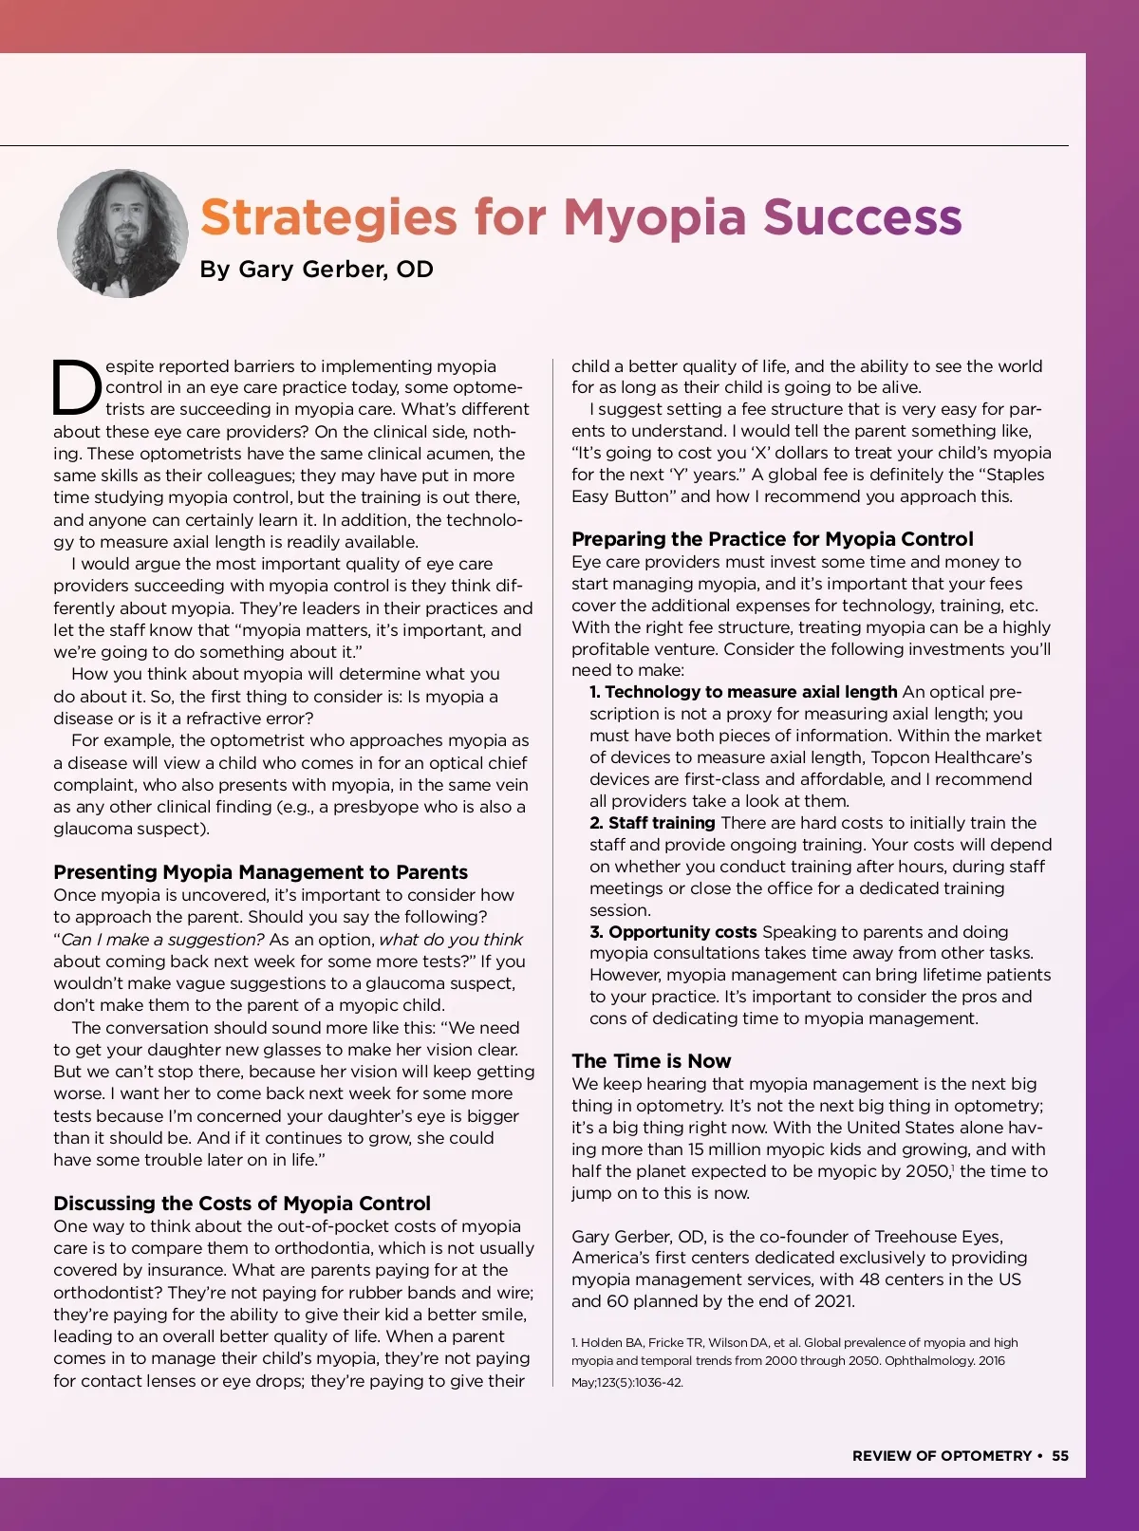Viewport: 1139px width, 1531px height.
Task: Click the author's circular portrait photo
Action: [122, 233]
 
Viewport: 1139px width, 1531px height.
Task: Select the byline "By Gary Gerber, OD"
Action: [316, 270]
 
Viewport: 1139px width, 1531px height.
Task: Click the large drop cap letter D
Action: [76, 387]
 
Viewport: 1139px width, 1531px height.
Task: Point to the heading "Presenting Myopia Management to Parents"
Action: [260, 872]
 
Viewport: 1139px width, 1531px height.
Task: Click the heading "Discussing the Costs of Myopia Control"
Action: [242, 1204]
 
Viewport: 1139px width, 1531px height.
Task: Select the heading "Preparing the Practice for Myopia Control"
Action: [772, 539]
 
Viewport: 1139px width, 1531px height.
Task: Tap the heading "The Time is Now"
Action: [651, 1061]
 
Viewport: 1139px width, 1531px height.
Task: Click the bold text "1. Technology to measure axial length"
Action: [743, 692]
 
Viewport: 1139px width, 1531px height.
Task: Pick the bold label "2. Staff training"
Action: [652, 823]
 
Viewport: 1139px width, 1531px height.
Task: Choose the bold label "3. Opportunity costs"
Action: [673, 932]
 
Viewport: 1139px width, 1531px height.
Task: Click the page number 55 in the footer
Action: [1060, 1456]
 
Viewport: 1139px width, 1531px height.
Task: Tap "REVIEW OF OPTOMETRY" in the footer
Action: [942, 1456]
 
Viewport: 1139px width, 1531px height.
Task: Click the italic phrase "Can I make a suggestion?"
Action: [162, 940]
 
